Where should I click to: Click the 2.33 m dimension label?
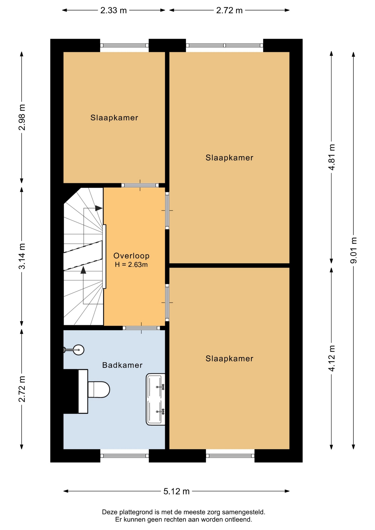click(113, 10)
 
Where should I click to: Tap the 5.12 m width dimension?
click(176, 491)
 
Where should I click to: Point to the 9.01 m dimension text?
click(354, 250)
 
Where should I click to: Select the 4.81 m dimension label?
click(332, 157)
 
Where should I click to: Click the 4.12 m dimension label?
click(332, 358)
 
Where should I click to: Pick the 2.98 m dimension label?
click(22, 117)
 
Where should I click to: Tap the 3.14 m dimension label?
click(22, 256)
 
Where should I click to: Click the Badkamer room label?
click(122, 365)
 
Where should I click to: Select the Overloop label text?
click(131, 256)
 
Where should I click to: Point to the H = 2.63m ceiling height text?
click(131, 264)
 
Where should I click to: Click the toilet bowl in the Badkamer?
click(99, 389)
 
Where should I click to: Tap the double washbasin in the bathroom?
click(155, 399)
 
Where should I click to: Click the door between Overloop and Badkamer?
click(141, 328)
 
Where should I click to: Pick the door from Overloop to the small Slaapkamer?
click(140, 185)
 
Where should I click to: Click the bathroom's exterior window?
click(125, 456)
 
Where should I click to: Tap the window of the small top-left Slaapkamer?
click(124, 46)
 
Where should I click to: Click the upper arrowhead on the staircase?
click(99, 208)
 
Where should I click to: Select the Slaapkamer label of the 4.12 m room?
click(229, 359)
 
